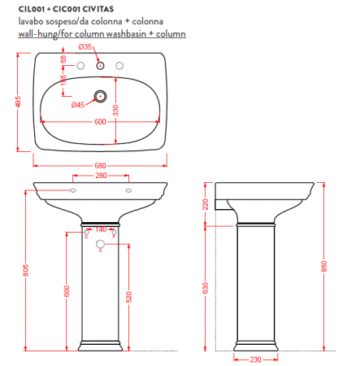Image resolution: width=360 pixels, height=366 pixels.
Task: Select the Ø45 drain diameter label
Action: tap(78, 105)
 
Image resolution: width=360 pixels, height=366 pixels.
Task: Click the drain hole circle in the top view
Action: tap(101, 96)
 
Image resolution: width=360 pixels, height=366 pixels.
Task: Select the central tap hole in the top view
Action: tap(101, 64)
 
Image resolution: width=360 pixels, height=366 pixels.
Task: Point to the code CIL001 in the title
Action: tap(31, 9)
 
